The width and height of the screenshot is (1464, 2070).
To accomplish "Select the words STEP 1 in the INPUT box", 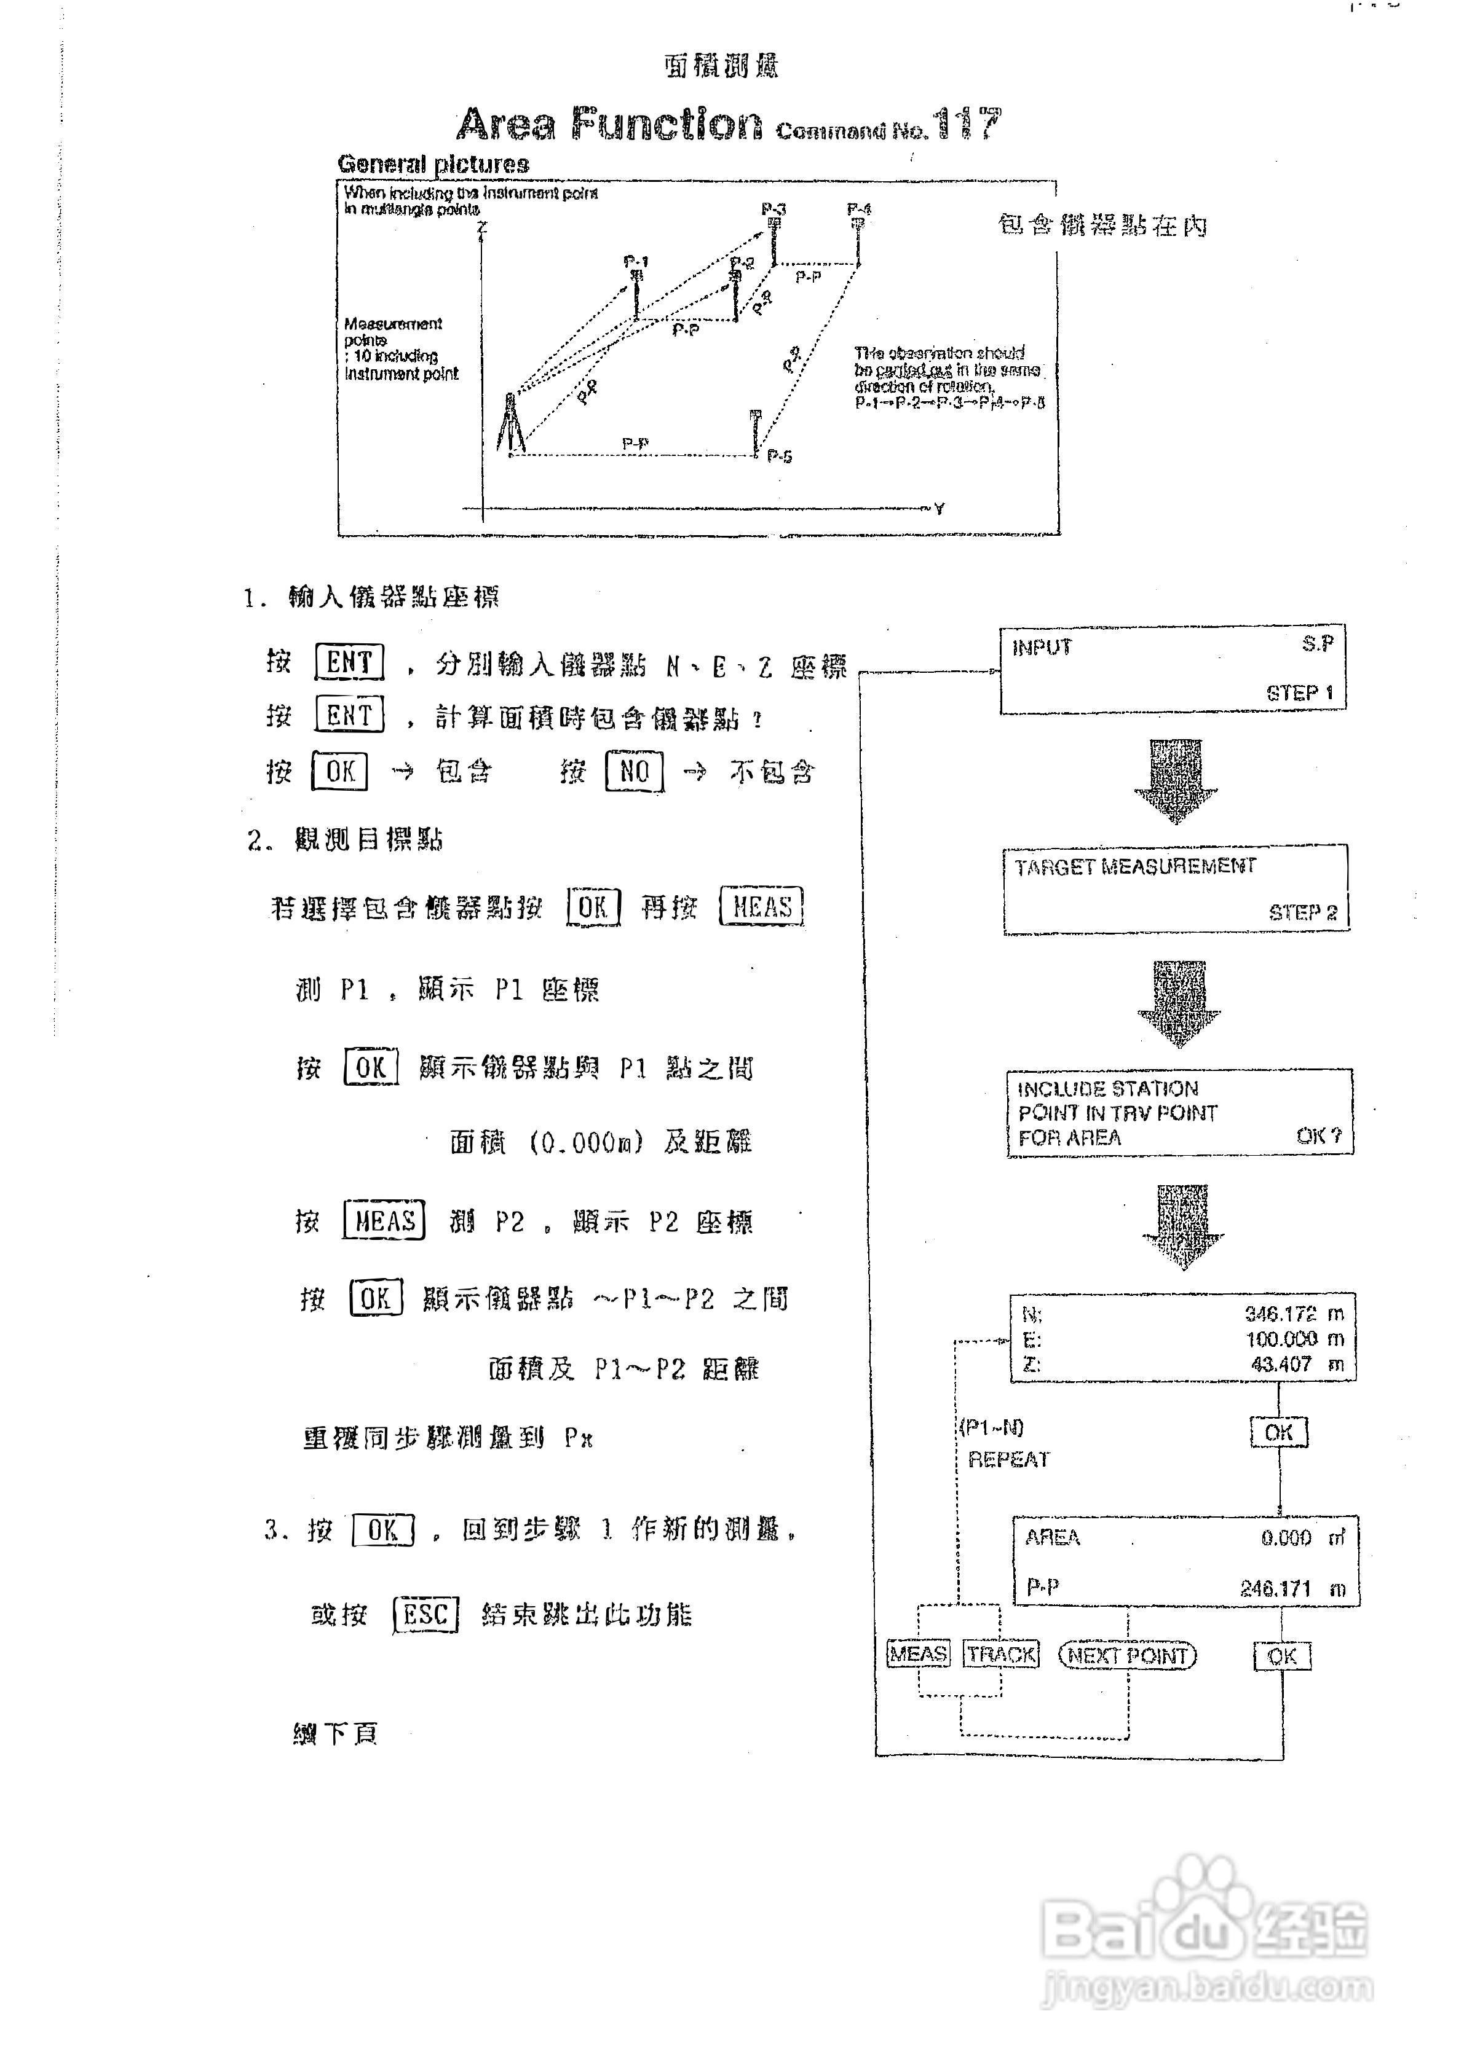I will pyautogui.click(x=1299, y=692).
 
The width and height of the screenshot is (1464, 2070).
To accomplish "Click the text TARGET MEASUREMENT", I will pyautogui.click(x=1135, y=866).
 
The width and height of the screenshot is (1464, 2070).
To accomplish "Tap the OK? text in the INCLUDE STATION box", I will pyautogui.click(x=1319, y=1136).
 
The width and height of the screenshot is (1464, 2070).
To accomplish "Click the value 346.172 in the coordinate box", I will pyautogui.click(x=1280, y=1314).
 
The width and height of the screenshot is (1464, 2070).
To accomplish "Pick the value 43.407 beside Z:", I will pyautogui.click(x=1281, y=1364).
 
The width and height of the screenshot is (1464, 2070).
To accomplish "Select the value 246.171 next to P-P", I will pyautogui.click(x=1275, y=1588).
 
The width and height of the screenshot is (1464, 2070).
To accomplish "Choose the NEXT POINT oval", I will pyautogui.click(x=1126, y=1655).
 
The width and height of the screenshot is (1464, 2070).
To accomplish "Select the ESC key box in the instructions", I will pyautogui.click(x=425, y=1614).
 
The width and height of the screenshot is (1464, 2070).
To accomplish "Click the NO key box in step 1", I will pyautogui.click(x=634, y=771).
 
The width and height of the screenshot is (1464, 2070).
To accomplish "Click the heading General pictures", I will pyautogui.click(x=433, y=164).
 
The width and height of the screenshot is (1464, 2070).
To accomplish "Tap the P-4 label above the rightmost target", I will pyautogui.click(x=859, y=209).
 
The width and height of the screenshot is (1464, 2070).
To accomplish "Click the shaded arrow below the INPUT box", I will pyautogui.click(x=1176, y=780).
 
